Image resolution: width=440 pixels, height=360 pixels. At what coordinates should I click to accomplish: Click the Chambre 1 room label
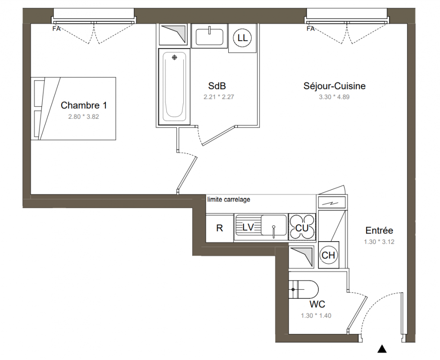point(84,105)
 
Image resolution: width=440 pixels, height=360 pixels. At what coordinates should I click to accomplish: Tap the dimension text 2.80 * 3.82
point(84,117)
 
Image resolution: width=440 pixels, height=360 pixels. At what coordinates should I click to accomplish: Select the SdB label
point(217,86)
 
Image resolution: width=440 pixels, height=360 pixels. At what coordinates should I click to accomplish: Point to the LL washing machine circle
point(242,37)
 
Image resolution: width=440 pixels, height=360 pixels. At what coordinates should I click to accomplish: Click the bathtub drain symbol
point(175,58)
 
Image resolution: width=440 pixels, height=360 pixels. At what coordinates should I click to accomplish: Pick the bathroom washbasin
point(209,36)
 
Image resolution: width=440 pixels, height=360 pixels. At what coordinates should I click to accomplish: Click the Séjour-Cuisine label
point(334,86)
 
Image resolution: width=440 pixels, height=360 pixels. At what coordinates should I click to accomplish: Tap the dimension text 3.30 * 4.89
point(334,97)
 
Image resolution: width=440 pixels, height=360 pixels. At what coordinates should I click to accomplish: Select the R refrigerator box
point(219,228)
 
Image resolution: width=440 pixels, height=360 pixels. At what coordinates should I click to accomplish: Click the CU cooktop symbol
point(302,227)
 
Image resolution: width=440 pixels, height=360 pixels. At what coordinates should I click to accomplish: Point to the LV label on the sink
point(248,227)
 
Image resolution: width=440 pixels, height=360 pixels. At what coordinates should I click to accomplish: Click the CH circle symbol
point(328,255)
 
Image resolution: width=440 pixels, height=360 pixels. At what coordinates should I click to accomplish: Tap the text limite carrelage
point(229,200)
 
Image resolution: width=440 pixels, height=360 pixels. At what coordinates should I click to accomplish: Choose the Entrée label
point(379,230)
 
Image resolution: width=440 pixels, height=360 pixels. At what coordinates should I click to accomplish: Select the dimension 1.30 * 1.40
point(316,316)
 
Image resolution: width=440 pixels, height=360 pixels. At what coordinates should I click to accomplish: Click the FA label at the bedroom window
point(56,29)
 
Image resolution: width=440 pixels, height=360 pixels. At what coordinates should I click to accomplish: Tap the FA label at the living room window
point(310,29)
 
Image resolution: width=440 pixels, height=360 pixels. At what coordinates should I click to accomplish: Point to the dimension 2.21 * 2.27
point(218,97)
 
